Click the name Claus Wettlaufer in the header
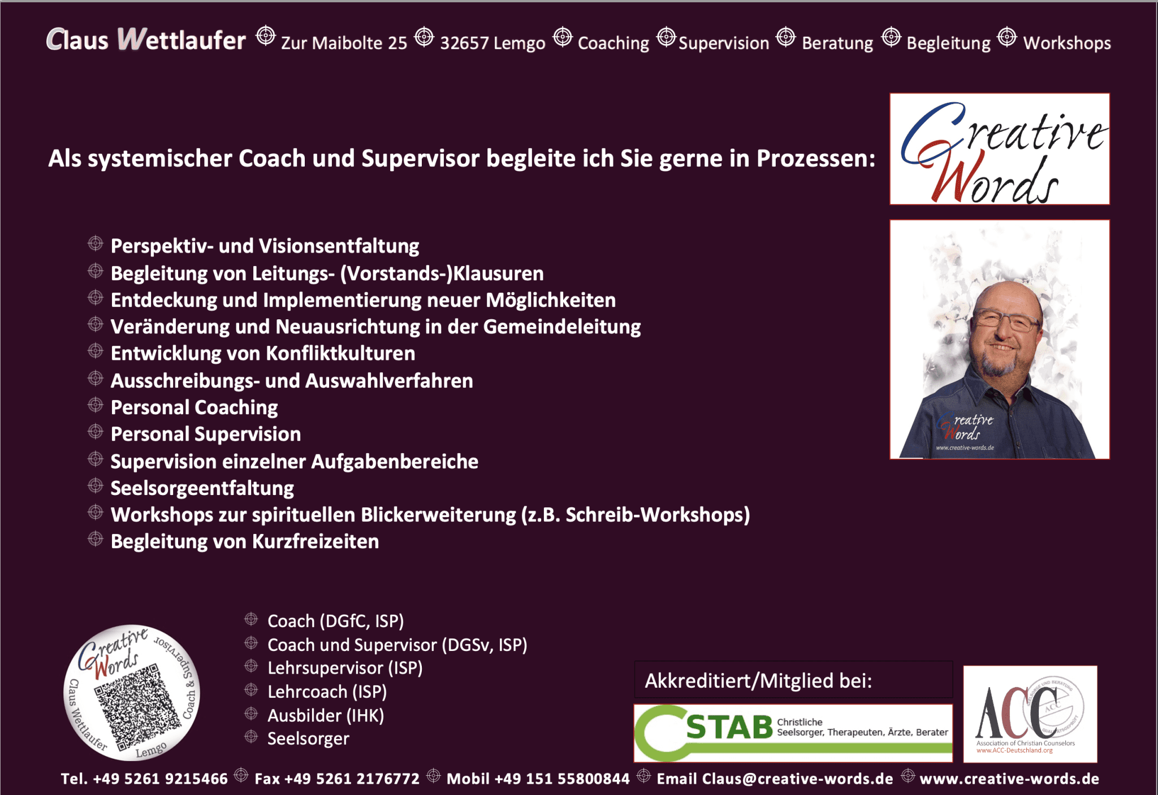146,40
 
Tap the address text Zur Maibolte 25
344,43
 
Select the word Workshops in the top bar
1067,44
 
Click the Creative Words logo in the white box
1000,149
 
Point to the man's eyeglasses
1008,320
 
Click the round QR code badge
132,693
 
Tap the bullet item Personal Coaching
194,407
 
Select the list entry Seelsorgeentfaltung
202,488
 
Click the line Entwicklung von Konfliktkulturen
263,354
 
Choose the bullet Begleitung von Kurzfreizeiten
245,541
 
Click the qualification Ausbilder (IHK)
326,716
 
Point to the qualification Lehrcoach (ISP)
327,692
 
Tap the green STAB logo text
729,727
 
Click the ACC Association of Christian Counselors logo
1030,714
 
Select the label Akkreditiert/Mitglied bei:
758,681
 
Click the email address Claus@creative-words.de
797,779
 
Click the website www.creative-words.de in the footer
1009,779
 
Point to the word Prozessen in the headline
816,159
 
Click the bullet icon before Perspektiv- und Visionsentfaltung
96,244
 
